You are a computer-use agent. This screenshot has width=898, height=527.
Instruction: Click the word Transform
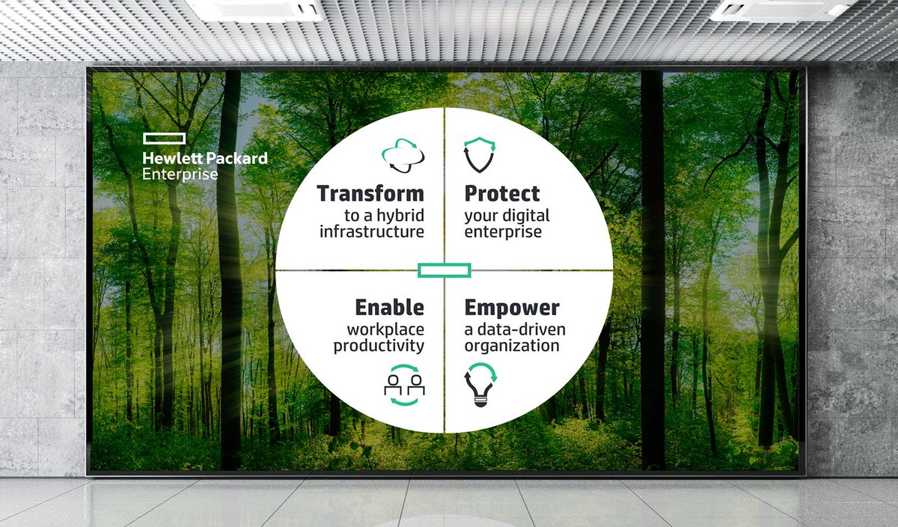(x=370, y=194)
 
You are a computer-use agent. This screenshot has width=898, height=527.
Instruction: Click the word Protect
(x=502, y=194)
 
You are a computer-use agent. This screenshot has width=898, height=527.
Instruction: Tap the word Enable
(x=389, y=308)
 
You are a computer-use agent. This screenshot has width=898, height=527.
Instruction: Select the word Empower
(x=512, y=308)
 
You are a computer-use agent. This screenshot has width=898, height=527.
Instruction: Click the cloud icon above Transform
(x=403, y=155)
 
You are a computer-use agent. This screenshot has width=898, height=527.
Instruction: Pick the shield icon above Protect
(x=479, y=154)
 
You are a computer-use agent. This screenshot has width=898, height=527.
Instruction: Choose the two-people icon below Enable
(x=404, y=385)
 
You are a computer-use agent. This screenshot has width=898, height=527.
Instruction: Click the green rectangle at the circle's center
(x=444, y=270)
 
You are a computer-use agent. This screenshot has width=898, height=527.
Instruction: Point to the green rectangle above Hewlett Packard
(x=162, y=138)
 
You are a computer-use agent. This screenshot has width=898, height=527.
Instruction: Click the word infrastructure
(x=372, y=232)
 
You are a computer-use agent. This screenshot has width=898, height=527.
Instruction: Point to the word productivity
(x=379, y=346)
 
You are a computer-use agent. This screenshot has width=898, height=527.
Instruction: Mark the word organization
(x=512, y=346)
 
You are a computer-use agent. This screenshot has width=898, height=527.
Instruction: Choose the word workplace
(x=385, y=329)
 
